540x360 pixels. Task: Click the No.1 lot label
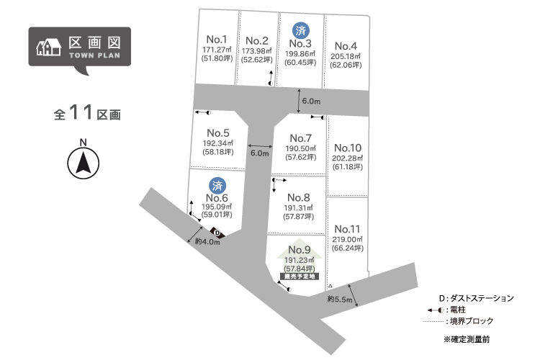(x=217, y=40)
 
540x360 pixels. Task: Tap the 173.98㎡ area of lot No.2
(x=256, y=51)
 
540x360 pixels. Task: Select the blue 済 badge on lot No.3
(x=301, y=31)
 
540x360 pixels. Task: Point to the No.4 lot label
(x=346, y=46)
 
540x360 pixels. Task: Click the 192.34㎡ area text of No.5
(x=218, y=143)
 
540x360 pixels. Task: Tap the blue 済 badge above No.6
(x=217, y=186)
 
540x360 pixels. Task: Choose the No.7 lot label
(x=301, y=138)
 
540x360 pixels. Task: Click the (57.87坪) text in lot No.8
(x=299, y=216)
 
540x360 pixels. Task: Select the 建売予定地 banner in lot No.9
(x=300, y=276)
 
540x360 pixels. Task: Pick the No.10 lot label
(x=348, y=148)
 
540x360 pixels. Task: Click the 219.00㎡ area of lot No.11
(x=348, y=240)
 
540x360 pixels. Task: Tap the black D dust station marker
(x=217, y=233)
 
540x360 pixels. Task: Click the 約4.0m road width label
(x=207, y=241)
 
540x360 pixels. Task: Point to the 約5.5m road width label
(x=340, y=299)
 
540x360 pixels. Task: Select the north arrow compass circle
(x=84, y=163)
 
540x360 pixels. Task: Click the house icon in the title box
(x=49, y=47)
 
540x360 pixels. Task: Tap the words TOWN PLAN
(x=94, y=55)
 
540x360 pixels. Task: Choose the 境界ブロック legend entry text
(x=472, y=321)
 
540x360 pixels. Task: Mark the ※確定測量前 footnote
(x=467, y=339)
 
